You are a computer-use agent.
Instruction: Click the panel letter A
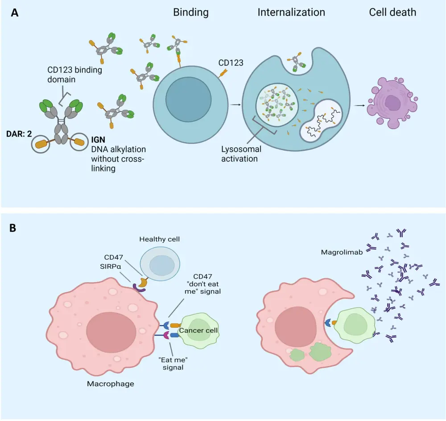click(x=15, y=13)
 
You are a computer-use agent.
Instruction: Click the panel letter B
click(x=13, y=227)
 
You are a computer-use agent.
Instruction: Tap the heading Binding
click(x=190, y=13)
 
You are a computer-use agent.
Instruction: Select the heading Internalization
click(x=292, y=13)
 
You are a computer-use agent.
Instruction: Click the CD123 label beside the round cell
click(x=231, y=63)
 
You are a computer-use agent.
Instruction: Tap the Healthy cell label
click(x=160, y=239)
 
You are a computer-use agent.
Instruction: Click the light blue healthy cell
click(x=159, y=265)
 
